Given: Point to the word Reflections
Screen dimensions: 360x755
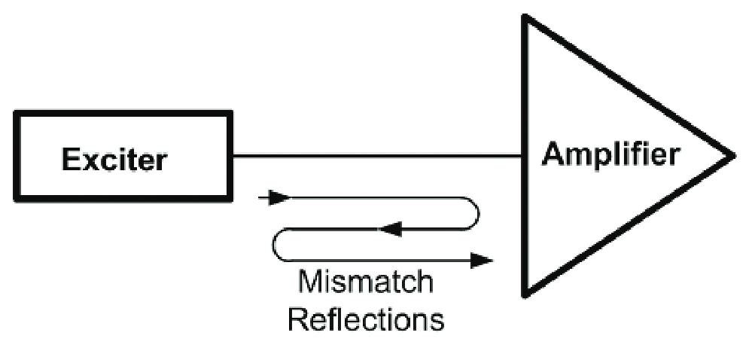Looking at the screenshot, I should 367,319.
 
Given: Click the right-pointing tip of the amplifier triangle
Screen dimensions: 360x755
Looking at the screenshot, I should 732,156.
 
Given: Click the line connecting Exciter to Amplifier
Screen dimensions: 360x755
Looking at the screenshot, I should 376,157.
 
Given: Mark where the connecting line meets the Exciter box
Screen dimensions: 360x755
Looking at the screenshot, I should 231,157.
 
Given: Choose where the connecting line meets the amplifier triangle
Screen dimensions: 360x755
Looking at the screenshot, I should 525,157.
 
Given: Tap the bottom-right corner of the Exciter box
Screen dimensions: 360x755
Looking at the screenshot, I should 230,200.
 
